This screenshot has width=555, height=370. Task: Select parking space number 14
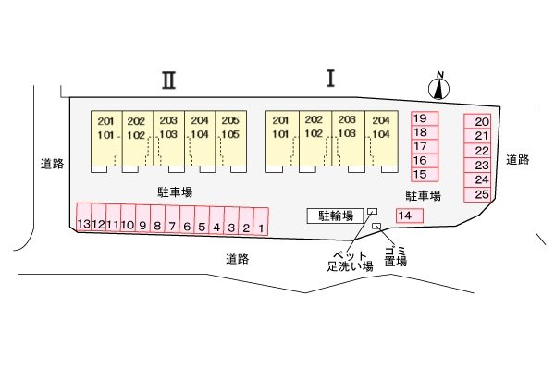pyautogui.click(x=408, y=216)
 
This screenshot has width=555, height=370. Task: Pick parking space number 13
pyautogui.click(x=83, y=222)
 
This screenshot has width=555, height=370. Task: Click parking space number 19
pyautogui.click(x=421, y=118)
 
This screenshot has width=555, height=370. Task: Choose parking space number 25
pyautogui.click(x=480, y=194)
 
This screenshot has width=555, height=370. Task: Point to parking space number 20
pyautogui.click(x=480, y=122)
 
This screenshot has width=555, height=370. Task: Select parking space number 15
pyautogui.click(x=421, y=174)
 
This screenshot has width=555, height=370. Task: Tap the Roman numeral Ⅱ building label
pyautogui.click(x=168, y=80)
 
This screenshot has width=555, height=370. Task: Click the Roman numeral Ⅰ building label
pyautogui.click(x=329, y=79)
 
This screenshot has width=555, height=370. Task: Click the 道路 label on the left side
pyautogui.click(x=53, y=164)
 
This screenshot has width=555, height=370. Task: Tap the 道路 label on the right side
pyautogui.click(x=518, y=159)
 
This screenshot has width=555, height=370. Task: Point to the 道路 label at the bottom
pyautogui.click(x=238, y=259)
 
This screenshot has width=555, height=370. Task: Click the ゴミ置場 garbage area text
pyautogui.click(x=396, y=255)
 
